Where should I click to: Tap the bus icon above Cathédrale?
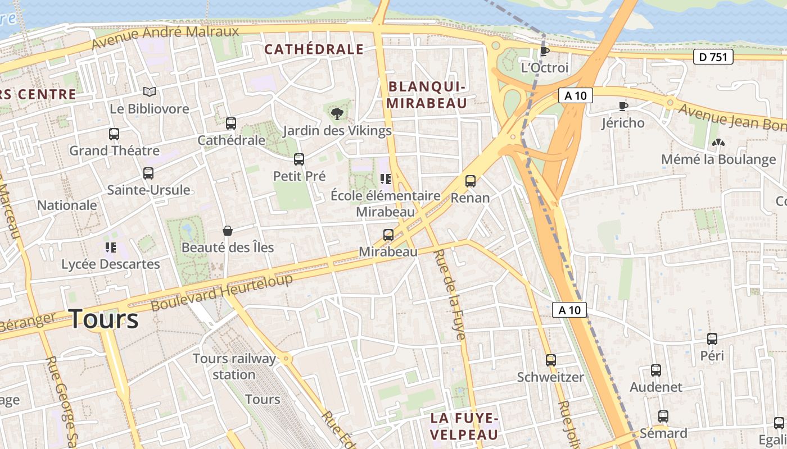pos(230,123)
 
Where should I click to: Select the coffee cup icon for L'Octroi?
pos(544,51)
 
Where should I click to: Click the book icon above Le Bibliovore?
pos(149,91)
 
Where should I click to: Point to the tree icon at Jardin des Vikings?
pos(337,114)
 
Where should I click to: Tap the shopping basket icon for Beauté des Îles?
pos(228,231)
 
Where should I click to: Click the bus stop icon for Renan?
pos(470,181)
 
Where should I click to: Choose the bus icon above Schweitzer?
pos(550,360)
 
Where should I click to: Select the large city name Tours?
pos(103,319)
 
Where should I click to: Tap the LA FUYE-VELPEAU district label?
pos(464,426)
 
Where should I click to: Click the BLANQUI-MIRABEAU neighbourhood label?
pos(427,95)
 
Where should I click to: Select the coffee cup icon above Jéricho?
pos(623,106)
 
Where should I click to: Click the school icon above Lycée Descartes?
pos(110,247)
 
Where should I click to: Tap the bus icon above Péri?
pos(712,339)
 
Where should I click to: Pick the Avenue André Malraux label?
pos(165,36)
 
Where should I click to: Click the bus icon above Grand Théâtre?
pos(114,134)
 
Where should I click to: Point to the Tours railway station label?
pos(234,366)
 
